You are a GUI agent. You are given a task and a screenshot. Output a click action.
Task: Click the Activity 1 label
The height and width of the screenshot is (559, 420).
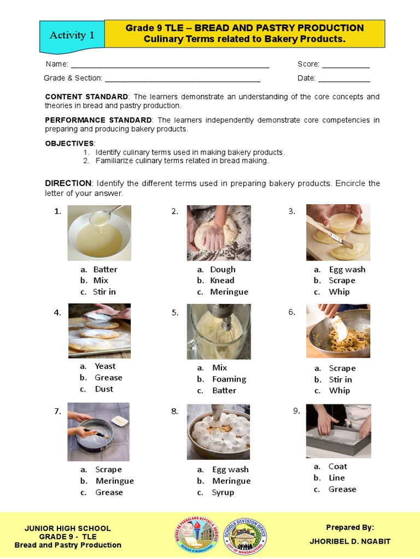click(72, 35)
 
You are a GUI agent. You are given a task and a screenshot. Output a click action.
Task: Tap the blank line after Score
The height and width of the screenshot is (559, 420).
click(346, 66)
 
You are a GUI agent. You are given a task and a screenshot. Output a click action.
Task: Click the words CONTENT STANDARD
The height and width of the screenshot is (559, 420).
click(86, 97)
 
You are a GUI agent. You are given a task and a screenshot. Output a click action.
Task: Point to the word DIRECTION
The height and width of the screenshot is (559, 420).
click(68, 183)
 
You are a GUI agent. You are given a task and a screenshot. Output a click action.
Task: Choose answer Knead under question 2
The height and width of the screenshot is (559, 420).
click(222, 281)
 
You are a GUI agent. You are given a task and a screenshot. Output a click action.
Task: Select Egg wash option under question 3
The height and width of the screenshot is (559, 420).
click(347, 269)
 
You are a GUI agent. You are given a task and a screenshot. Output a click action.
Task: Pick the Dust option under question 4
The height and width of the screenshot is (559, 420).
click(104, 389)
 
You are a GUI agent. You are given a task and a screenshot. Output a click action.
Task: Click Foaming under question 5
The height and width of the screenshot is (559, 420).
click(229, 379)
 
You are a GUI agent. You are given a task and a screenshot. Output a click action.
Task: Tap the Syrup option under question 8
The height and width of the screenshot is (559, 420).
click(223, 492)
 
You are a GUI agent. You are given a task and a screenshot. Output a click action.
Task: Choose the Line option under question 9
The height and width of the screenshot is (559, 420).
click(336, 478)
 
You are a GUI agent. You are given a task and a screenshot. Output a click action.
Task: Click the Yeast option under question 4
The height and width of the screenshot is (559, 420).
click(105, 366)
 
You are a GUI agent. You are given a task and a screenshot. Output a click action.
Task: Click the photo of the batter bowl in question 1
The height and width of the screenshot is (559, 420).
click(99, 233)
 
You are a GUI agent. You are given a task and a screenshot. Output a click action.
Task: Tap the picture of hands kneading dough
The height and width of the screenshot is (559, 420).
click(219, 233)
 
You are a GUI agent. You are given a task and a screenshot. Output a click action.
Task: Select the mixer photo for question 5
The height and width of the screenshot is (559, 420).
click(219, 331)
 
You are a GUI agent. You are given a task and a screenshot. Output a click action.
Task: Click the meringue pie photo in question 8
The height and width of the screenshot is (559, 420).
click(219, 431)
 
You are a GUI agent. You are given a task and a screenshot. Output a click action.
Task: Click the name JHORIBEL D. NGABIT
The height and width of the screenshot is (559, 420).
click(350, 541)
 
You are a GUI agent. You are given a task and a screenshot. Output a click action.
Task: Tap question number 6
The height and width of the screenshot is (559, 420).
click(291, 312)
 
